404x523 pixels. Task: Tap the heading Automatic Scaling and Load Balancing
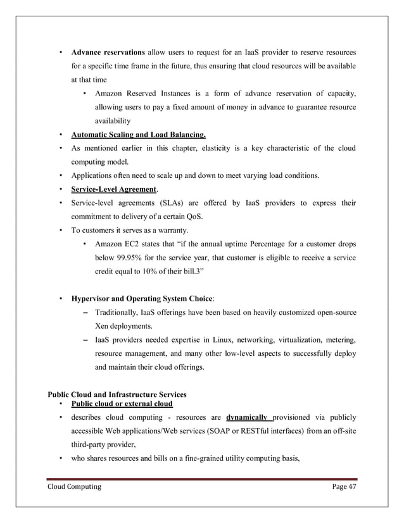[138, 135]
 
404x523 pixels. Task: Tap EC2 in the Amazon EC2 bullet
[132, 244]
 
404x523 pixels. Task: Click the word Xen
[101, 326]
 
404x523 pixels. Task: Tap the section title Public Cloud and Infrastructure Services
[118, 395]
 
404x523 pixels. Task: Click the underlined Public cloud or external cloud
[122, 403]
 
